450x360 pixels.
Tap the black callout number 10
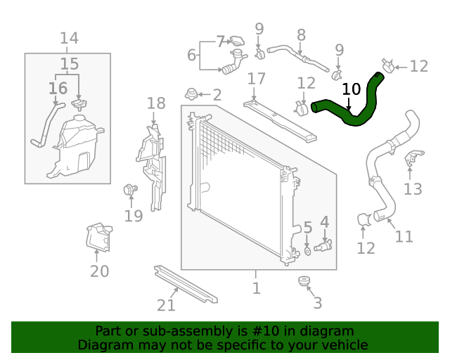coord(351,89)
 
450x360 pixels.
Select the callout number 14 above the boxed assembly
coord(68,39)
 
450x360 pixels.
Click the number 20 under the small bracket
coord(99,271)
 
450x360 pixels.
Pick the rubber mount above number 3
coord(304,282)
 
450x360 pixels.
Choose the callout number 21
coord(166,305)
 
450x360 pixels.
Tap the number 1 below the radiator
coord(257,288)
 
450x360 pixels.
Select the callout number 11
coord(404,237)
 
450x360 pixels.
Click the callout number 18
coord(156,104)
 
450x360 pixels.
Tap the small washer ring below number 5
coord(308,250)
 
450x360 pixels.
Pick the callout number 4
coord(324,222)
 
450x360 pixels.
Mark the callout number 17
coord(256,78)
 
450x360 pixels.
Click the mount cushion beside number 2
coord(191,93)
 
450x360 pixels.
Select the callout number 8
coord(301,34)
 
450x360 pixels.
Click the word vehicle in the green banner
coord(342,345)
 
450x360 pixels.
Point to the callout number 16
coord(58,89)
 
